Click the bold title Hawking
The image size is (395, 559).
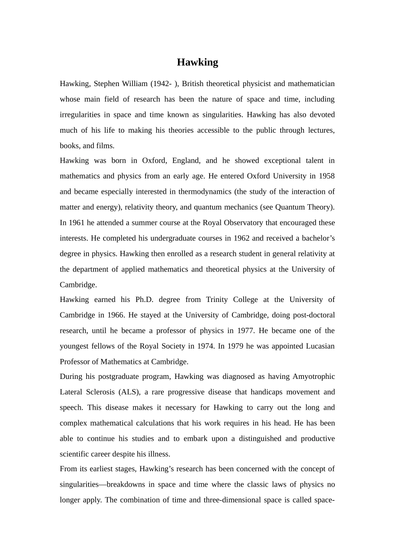pyautogui.click(x=197, y=62)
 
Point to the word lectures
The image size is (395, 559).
pyautogui.click(x=321, y=130)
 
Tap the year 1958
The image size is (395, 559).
pyautogui.click(x=326, y=176)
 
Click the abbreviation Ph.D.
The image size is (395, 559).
pyautogui.click(x=144, y=299)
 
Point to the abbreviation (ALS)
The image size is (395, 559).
pyautogui.click(x=128, y=392)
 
